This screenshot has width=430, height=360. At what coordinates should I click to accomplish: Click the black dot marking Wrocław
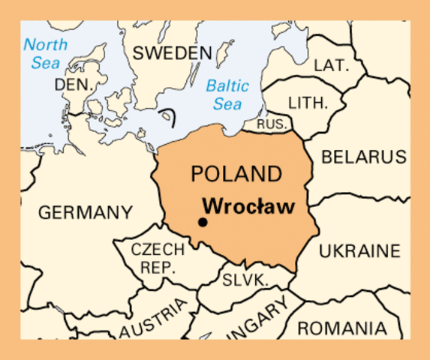coord(202,221)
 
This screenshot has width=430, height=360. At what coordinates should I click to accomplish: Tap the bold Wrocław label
coord(248,205)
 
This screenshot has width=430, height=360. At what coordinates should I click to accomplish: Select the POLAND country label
coord(236,174)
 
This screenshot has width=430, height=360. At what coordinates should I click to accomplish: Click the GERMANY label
coord(86,212)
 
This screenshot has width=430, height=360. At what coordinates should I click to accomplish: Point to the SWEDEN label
coord(171,53)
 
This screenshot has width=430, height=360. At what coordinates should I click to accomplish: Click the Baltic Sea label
coord(227,94)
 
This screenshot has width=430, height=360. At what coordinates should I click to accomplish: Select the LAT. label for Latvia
coord(331,65)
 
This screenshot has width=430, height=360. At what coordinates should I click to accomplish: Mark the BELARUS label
coord(364,157)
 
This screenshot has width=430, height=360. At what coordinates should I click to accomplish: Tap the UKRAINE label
coord(359,251)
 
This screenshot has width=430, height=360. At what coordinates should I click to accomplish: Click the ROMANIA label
coord(342,328)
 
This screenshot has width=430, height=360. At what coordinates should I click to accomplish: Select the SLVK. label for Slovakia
coord(245,280)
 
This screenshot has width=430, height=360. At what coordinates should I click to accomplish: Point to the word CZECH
coord(158,250)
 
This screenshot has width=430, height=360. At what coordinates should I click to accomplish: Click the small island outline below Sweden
coord(170,116)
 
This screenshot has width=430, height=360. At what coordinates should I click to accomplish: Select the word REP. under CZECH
coord(158,267)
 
